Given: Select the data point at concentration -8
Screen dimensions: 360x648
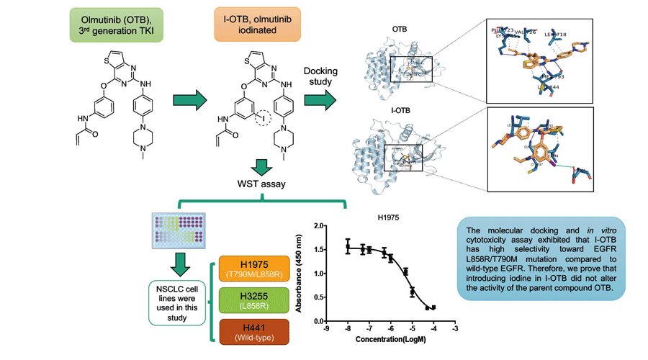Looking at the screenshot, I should [x=348, y=246].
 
